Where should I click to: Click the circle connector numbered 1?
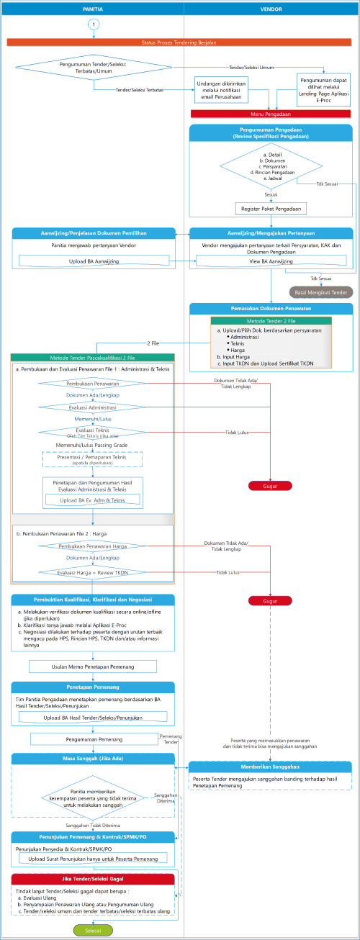[94, 24]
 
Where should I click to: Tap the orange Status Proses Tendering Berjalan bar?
[179, 42]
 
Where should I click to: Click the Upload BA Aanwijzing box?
[94, 260]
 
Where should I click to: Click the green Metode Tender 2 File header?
[271, 320]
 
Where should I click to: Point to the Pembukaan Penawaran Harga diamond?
[92, 546]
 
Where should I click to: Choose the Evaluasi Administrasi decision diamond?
[92, 407]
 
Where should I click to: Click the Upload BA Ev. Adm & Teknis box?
[93, 499]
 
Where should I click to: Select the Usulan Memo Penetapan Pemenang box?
[94, 666]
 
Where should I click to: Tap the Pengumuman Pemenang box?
[94, 739]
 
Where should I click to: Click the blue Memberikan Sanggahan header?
[271, 767]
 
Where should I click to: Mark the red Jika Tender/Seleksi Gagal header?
[93, 880]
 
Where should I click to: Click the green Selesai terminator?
[93, 930]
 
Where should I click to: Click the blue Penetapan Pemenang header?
[93, 687]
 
